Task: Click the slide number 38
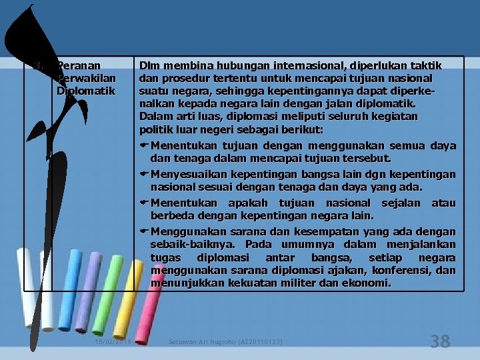[440, 342]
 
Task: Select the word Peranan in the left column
[79, 66]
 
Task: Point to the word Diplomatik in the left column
[86, 90]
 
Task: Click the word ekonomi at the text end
[369, 283]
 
